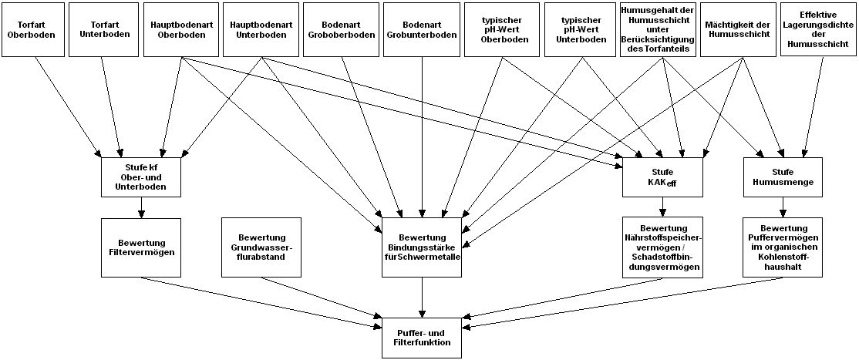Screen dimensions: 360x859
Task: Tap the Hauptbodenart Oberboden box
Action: click(x=180, y=29)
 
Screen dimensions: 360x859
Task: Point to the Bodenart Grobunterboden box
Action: click(x=421, y=29)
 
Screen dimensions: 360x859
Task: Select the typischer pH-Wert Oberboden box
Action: click(x=501, y=29)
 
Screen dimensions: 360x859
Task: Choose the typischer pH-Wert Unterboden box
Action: click(x=581, y=29)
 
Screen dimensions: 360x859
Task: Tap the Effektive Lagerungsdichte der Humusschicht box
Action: click(x=817, y=29)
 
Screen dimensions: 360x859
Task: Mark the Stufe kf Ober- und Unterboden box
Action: click(x=140, y=177)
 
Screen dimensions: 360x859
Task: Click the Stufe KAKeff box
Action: click(x=662, y=177)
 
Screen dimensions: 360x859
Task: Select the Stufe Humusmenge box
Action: click(x=783, y=177)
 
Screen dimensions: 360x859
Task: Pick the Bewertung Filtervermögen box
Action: click(x=140, y=247)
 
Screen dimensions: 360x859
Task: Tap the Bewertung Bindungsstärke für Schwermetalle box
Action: click(x=422, y=247)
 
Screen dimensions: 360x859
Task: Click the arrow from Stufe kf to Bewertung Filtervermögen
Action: click(x=140, y=207)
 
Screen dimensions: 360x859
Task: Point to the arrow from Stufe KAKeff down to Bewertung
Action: click(x=662, y=207)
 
